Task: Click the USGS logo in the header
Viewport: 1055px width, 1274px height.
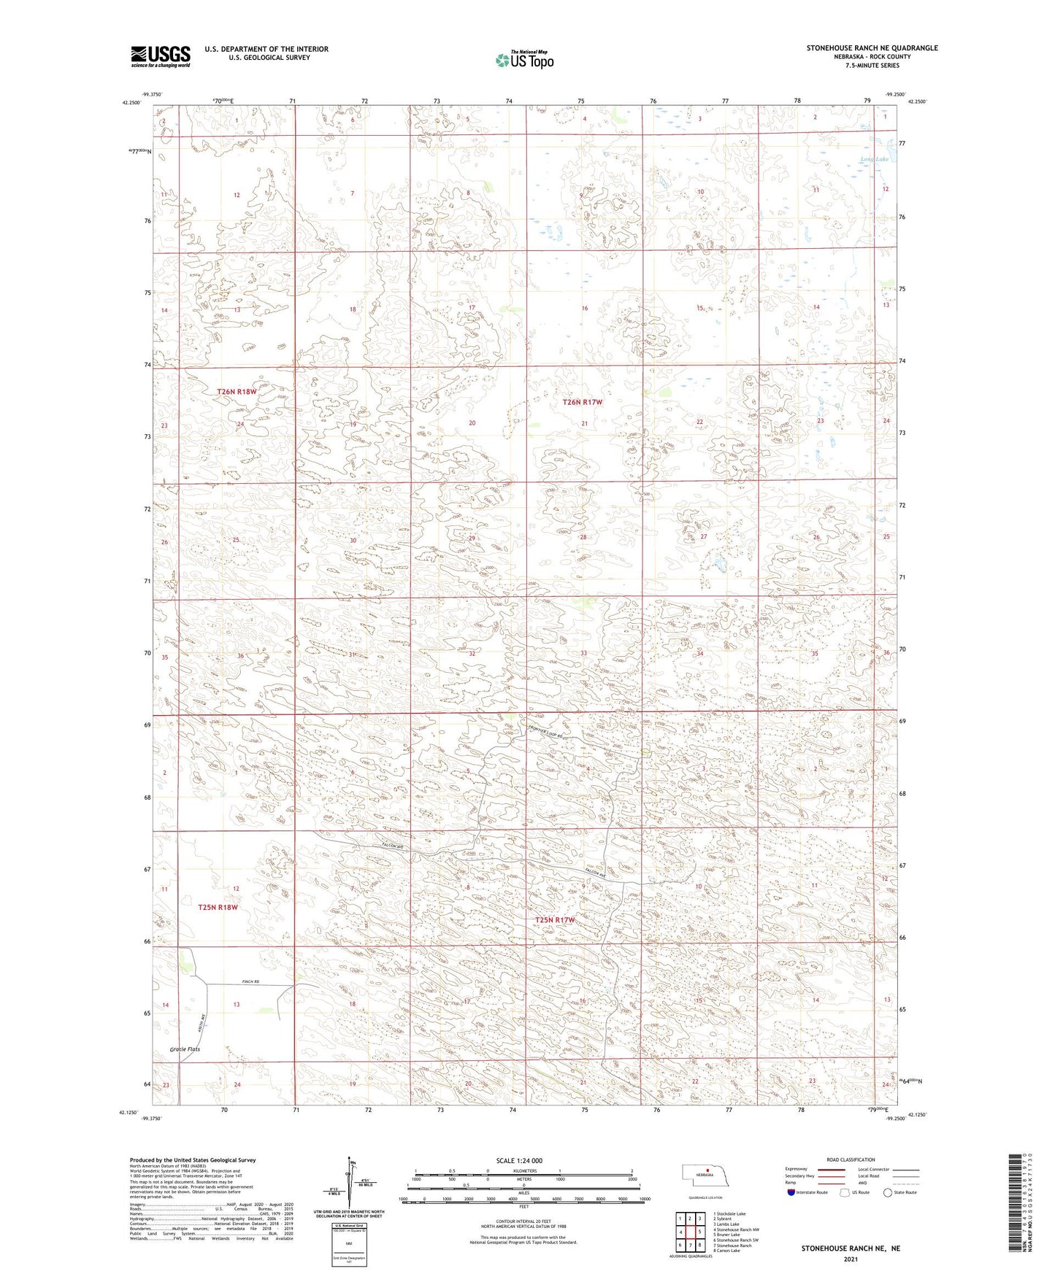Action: click(x=161, y=56)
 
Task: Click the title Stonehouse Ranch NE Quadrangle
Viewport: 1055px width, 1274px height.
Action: click(x=872, y=48)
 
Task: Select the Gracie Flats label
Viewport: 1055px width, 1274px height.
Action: click(x=185, y=1049)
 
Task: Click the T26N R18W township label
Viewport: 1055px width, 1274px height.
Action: click(x=237, y=392)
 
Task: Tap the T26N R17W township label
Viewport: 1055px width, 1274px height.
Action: click(x=583, y=402)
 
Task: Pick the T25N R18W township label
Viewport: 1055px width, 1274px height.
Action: click(x=218, y=908)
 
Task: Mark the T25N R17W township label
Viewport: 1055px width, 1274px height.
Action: click(x=556, y=920)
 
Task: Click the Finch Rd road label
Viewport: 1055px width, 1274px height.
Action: click(x=251, y=982)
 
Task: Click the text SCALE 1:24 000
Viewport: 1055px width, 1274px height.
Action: click(x=519, y=1160)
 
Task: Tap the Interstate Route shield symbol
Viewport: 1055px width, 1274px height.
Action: click(x=791, y=1192)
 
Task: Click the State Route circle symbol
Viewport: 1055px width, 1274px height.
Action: click(x=887, y=1192)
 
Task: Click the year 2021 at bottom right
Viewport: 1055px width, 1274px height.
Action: click(x=850, y=1259)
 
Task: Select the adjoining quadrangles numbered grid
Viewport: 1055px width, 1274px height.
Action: click(x=689, y=1233)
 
